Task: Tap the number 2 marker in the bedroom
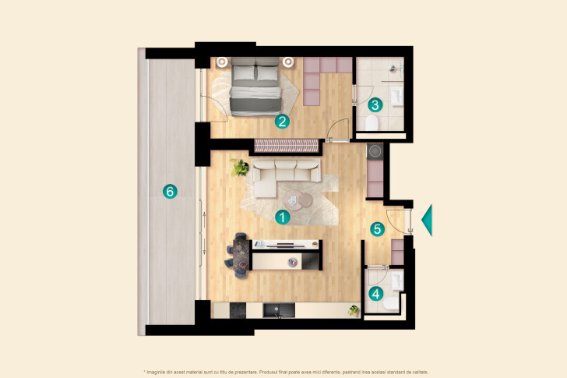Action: (x=282, y=121)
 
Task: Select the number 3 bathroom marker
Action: (x=375, y=104)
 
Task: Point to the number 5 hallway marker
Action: (x=377, y=229)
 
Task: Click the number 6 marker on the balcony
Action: (x=167, y=191)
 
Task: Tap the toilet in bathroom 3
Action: (x=372, y=124)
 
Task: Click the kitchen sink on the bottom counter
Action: (x=276, y=311)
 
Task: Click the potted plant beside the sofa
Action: (x=241, y=167)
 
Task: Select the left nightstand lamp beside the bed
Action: (x=222, y=62)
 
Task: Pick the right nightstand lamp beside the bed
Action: (x=288, y=62)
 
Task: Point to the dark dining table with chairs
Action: (x=241, y=254)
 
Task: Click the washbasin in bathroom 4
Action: (x=397, y=280)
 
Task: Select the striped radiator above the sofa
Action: (x=286, y=146)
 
